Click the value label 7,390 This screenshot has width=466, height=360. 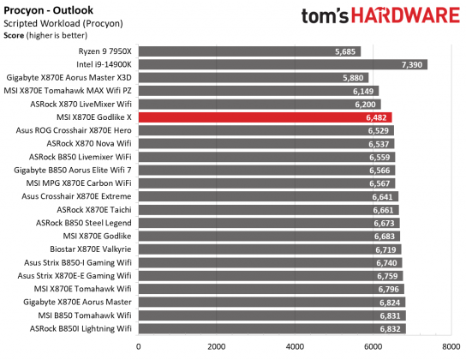(x=412, y=64)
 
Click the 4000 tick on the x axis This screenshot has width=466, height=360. (x=295, y=346)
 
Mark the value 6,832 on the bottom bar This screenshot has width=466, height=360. (x=390, y=328)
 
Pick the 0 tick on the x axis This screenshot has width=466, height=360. (x=139, y=346)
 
